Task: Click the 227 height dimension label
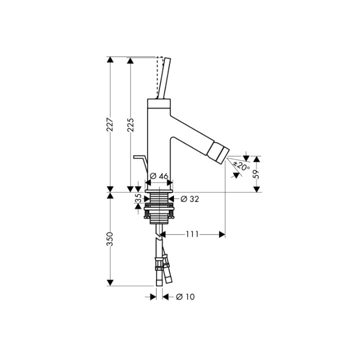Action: pos(110,124)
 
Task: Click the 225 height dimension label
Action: pos(130,125)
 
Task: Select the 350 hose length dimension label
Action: pos(110,239)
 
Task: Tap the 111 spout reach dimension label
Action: pos(192,234)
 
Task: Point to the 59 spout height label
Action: pos(256,174)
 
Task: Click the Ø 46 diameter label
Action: pos(159,176)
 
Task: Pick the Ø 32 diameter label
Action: pos(189,199)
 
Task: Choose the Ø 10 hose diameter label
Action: pos(185,297)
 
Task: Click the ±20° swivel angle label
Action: pos(241,166)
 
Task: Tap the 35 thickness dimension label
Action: pos(138,198)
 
